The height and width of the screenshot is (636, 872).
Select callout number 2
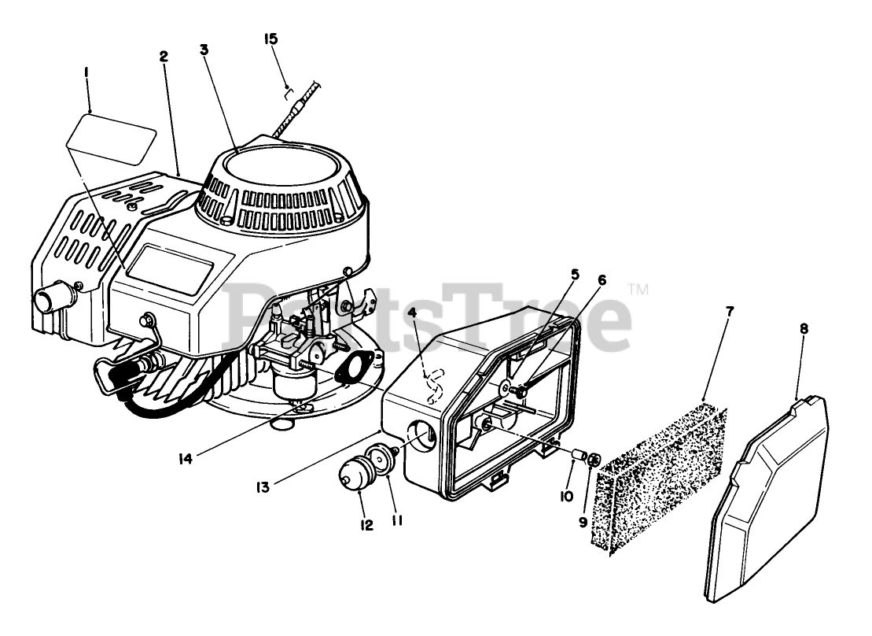tap(163, 57)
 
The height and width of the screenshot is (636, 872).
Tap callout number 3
tap(204, 49)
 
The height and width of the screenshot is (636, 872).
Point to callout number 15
tap(272, 39)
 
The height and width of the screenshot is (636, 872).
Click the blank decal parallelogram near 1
tap(110, 137)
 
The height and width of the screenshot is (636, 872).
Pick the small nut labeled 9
tap(595, 458)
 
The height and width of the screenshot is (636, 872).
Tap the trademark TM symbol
tap(638, 290)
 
